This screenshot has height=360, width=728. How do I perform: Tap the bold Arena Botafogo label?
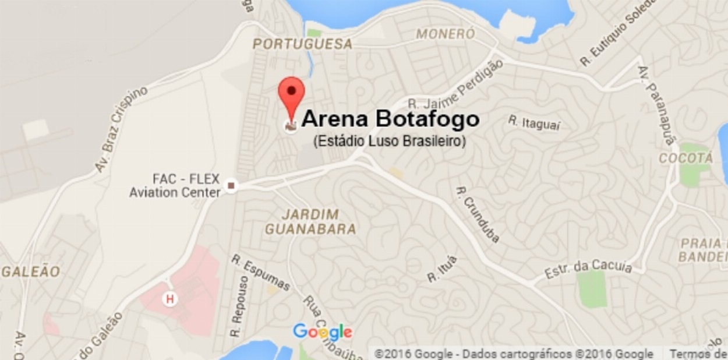click(390, 119)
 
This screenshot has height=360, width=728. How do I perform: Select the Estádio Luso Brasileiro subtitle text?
click(389, 141)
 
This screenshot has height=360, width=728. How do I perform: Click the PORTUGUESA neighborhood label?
click(303, 44)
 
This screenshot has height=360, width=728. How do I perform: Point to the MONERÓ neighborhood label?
click(446, 34)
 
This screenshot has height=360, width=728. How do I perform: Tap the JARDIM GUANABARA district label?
click(310, 221)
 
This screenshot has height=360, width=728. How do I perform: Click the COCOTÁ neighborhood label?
click(685, 158)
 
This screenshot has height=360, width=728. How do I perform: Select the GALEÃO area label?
click(31, 271)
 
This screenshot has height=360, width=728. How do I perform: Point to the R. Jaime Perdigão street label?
click(455, 85)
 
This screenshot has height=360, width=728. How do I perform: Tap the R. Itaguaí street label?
click(534, 123)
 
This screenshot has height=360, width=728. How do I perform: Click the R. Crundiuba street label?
click(478, 214)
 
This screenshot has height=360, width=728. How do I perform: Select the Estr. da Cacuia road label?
click(588, 269)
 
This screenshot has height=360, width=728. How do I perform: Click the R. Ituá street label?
click(442, 269)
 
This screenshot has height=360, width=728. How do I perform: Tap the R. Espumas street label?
click(260, 272)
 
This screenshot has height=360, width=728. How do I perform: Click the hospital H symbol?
click(170, 299)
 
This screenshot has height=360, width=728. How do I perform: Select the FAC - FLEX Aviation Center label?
click(175, 185)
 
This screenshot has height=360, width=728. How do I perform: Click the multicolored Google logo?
click(322, 332)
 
